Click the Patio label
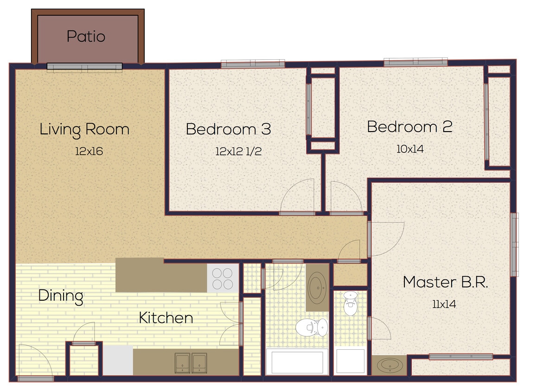pos(86,36)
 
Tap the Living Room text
pos(84,129)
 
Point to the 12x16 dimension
pos(89,151)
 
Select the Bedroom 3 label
pos(228,129)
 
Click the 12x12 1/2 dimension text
pos(238,151)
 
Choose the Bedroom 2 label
pos(409,127)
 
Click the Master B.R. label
pos(445,282)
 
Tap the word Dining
pos(61,296)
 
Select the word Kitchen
pos(166,318)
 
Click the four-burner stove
pos(223,278)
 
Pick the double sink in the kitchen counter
pos(191,362)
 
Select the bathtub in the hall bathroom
pos(297,362)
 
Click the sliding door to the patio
pos(84,67)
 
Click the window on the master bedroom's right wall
pos(514,244)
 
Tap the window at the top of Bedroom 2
pos(415,62)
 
